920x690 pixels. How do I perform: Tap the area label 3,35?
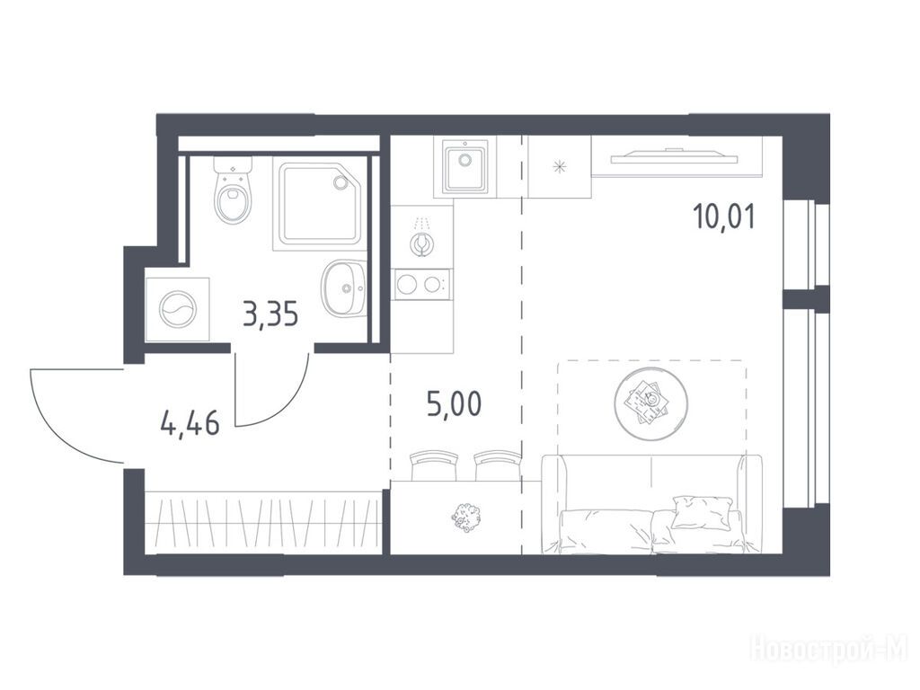click(x=270, y=314)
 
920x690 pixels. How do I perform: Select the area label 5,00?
click(x=454, y=404)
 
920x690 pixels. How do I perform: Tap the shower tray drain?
click(x=341, y=182)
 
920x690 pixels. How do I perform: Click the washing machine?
click(x=177, y=309)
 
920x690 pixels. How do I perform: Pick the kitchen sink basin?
click(x=466, y=166)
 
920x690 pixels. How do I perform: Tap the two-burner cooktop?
click(x=422, y=285)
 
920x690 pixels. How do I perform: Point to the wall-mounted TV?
click(x=674, y=156)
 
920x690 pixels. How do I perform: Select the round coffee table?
click(x=651, y=403)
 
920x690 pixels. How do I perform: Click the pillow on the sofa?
click(x=702, y=512)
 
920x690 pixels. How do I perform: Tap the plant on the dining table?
click(x=466, y=517)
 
